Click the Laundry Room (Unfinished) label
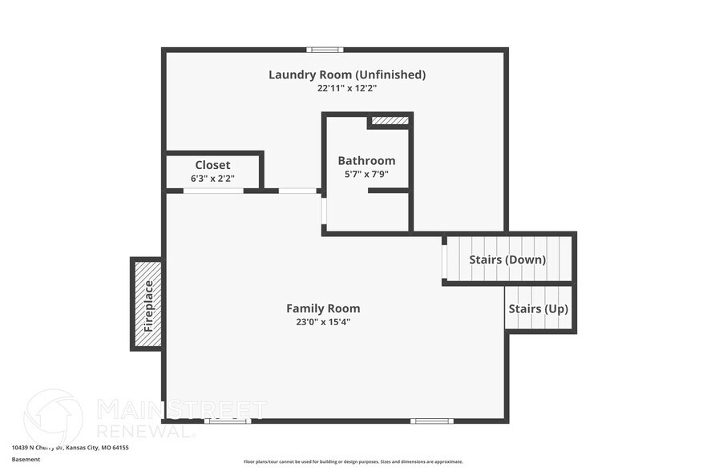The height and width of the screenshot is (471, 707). click(x=346, y=74)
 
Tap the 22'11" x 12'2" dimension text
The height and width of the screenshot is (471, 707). click(x=346, y=88)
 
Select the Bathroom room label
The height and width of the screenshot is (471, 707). click(x=366, y=160)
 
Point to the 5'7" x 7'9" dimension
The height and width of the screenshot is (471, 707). click(x=366, y=173)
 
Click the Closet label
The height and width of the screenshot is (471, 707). click(x=212, y=165)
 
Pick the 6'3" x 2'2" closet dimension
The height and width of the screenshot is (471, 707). click(x=212, y=178)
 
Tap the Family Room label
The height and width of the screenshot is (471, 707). click(x=323, y=308)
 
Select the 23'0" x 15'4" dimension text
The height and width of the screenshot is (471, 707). click(x=323, y=321)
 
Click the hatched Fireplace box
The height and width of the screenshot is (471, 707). click(x=147, y=304)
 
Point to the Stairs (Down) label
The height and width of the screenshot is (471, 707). click(x=508, y=260)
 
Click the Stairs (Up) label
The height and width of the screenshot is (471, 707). click(x=539, y=308)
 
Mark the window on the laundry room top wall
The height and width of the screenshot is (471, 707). click(x=325, y=50)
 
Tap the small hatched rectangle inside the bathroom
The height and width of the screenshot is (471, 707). click(x=390, y=121)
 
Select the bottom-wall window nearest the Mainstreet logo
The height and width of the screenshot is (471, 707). click(x=227, y=421)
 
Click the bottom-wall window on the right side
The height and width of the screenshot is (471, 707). click(x=432, y=421)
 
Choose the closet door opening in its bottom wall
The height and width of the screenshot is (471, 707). click(x=213, y=191)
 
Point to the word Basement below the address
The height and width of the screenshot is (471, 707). click(x=26, y=460)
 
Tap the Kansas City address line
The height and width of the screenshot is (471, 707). click(x=71, y=448)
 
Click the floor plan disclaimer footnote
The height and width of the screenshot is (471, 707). click(x=353, y=461)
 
